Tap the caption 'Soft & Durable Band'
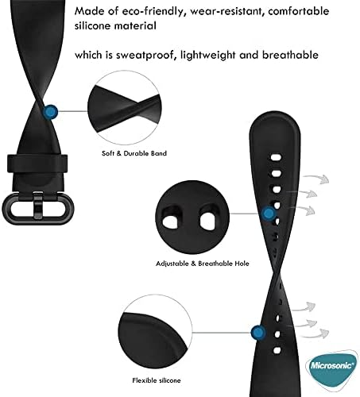coord(134,153)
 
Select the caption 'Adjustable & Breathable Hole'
coord(203,264)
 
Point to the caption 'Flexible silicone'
coord(157,380)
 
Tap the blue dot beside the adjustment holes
coord(269,214)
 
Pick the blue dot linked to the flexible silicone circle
coord(257,333)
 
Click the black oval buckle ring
coord(37,209)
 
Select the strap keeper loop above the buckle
coord(37,164)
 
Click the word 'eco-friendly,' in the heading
coord(153,11)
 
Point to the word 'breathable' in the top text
coord(290,55)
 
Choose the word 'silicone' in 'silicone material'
coord(93,25)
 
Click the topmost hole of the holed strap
coord(276,157)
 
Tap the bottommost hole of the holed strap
coord(277,351)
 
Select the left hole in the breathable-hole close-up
coord(169,220)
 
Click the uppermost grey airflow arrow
coord(316,179)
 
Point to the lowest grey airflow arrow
coord(315,333)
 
